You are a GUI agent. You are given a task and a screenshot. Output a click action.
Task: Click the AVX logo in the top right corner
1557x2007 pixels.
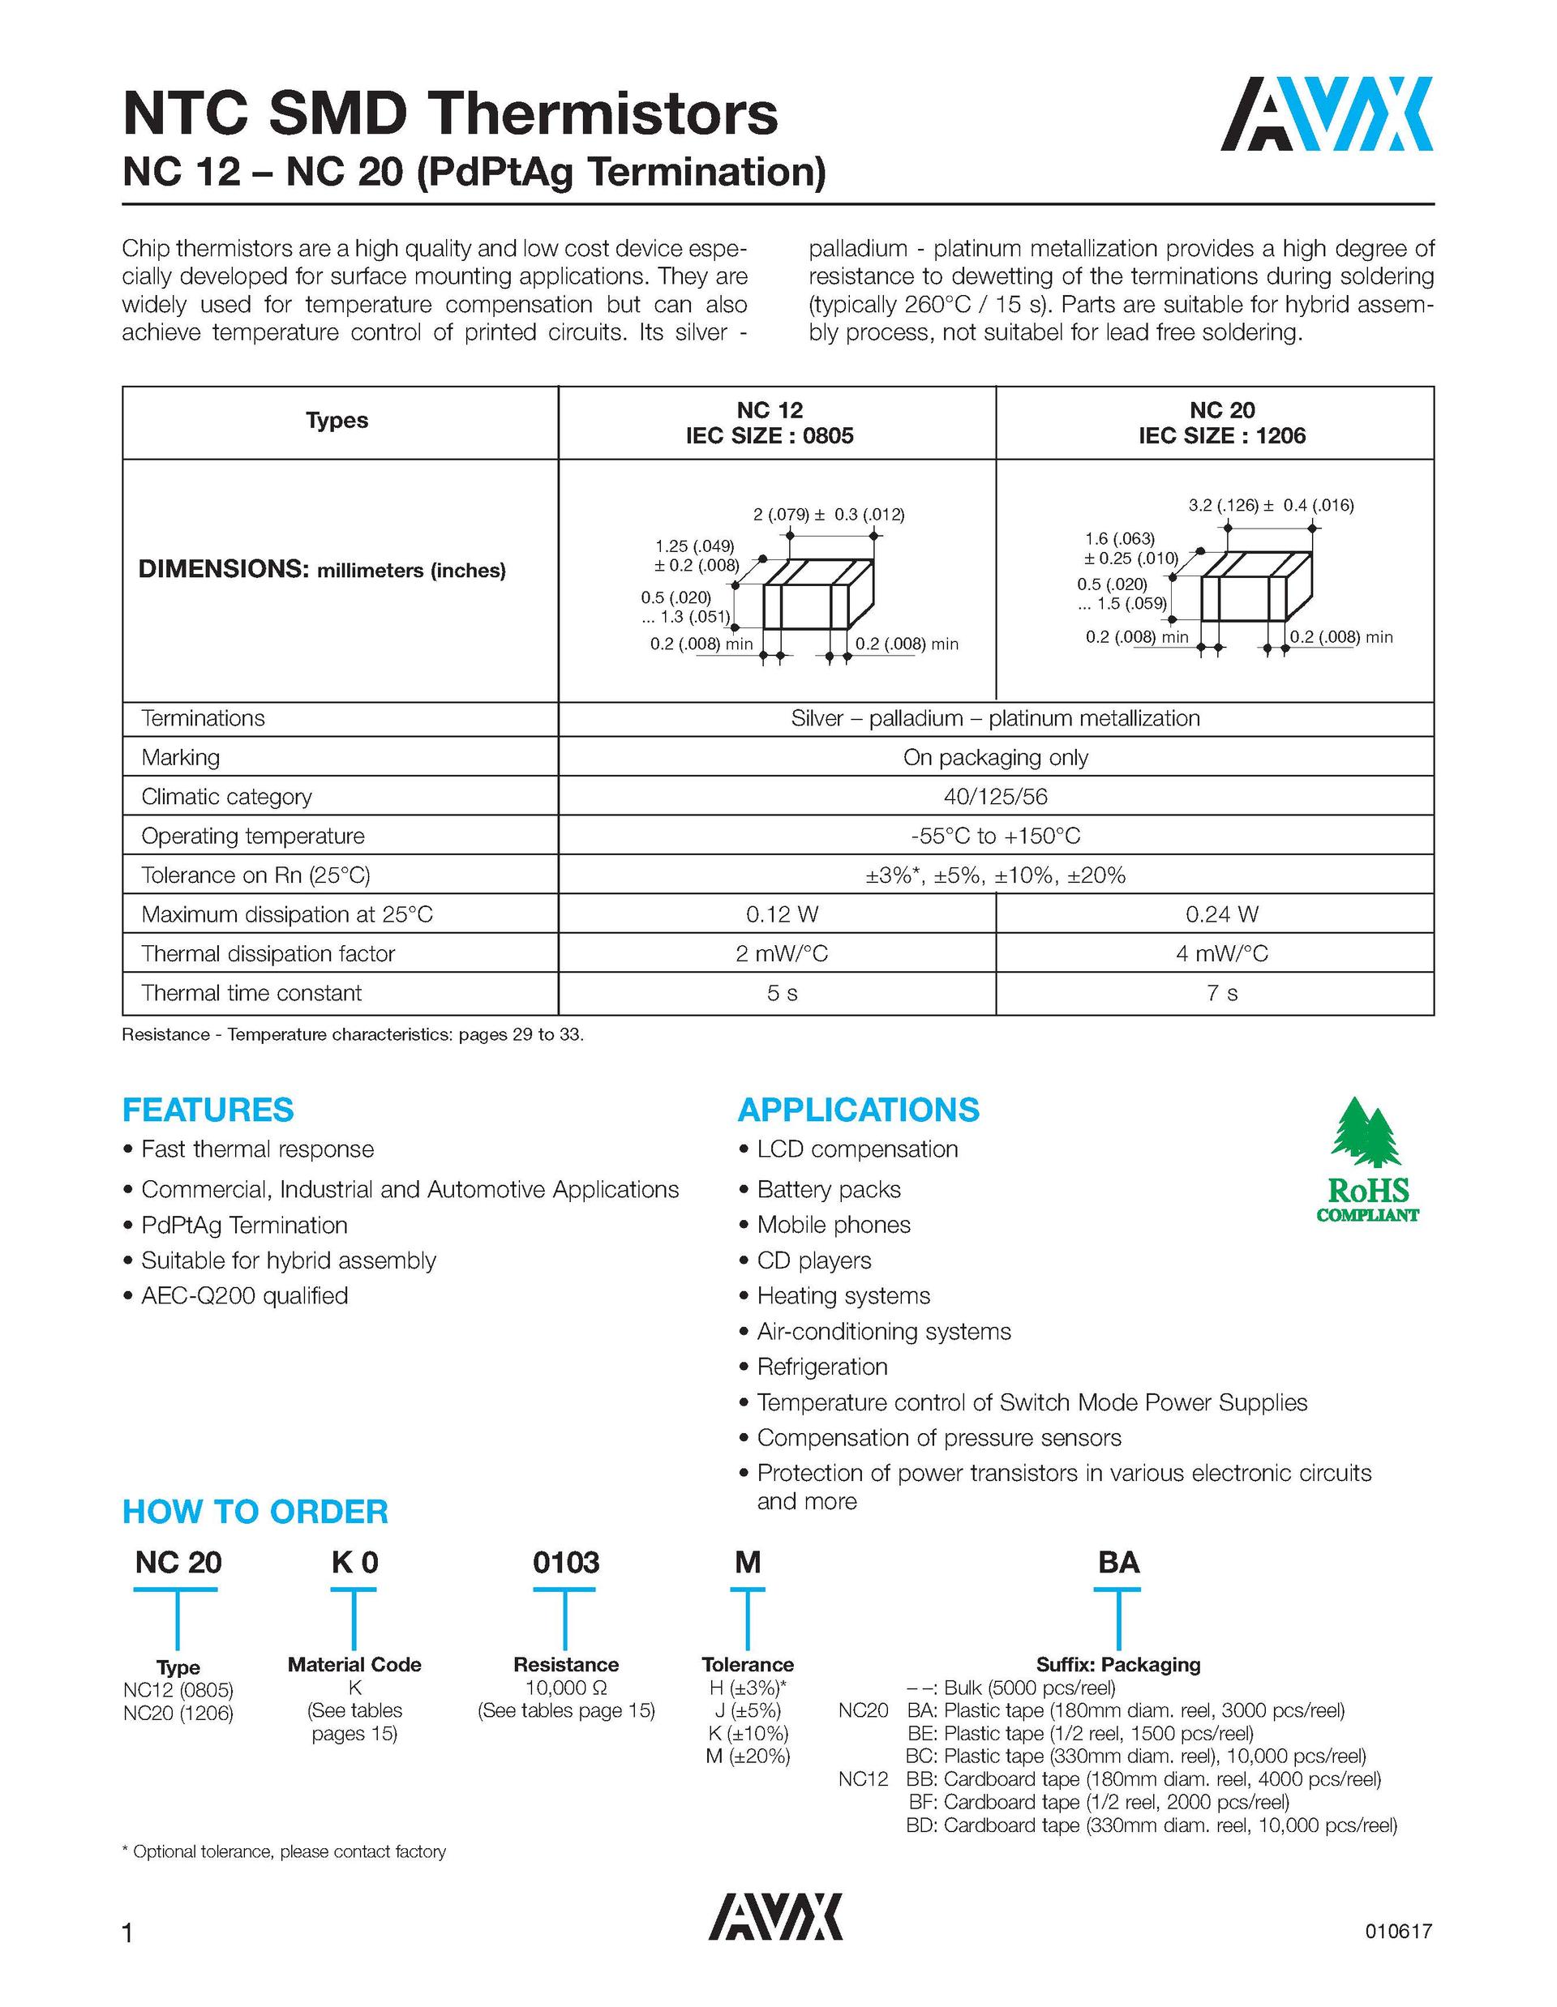coord(1327,114)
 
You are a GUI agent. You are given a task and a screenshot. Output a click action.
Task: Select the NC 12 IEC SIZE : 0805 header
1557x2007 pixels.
coord(770,423)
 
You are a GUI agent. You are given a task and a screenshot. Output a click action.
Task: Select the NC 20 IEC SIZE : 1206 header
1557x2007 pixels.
coord(1221,423)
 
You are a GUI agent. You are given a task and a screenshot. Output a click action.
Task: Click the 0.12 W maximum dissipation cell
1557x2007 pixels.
coord(783,914)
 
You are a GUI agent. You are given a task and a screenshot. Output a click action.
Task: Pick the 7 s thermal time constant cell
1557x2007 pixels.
coord(1221,994)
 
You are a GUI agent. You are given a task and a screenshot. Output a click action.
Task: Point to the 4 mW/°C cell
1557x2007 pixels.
coord(1221,954)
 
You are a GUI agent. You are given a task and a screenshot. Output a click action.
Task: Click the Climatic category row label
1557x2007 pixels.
coord(226,797)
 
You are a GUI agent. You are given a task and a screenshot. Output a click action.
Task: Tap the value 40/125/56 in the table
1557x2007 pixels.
coord(995,797)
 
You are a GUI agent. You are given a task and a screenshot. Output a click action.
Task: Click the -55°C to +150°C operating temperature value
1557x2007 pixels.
coord(995,837)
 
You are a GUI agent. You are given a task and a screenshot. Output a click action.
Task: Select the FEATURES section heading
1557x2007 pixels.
coord(208,1110)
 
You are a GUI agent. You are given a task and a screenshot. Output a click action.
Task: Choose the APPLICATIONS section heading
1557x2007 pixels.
coord(859,1110)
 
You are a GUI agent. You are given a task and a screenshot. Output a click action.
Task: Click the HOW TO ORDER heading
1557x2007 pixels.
coord(255,1512)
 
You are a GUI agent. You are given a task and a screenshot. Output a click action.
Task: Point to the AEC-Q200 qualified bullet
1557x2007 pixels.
coord(244,1296)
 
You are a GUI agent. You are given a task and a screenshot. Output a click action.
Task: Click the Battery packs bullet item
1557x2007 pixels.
coord(828,1189)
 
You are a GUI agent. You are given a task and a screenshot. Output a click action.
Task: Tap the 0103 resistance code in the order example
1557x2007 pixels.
coord(565,1562)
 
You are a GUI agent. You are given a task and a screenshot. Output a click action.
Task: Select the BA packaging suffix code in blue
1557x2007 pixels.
coord(1118,1562)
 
